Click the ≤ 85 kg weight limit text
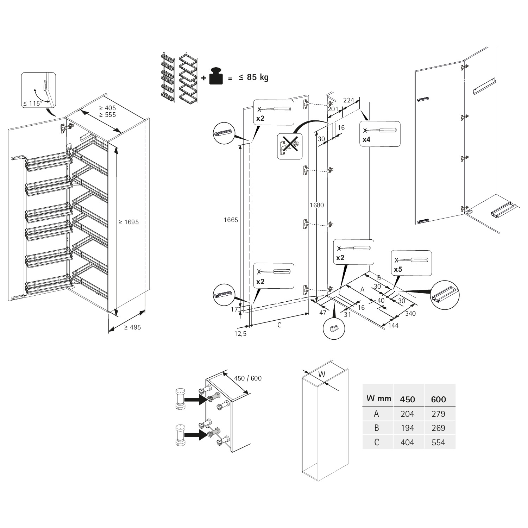click(x=253, y=77)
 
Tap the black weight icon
click(x=216, y=76)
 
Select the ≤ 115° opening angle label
click(x=32, y=103)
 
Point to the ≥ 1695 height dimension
click(x=128, y=222)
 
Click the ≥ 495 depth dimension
click(x=132, y=327)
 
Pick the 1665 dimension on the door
click(x=231, y=220)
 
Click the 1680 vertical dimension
click(x=317, y=205)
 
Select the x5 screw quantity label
click(x=398, y=270)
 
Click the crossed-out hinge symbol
click(x=290, y=146)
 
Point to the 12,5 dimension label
click(x=240, y=334)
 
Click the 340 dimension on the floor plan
click(x=410, y=313)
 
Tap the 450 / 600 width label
click(x=248, y=378)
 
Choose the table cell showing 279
click(x=438, y=414)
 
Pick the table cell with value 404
click(x=407, y=442)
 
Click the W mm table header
click(x=379, y=398)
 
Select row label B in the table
click(x=377, y=428)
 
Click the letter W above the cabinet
click(x=322, y=375)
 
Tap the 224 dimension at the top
click(x=348, y=100)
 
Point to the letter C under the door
click(x=279, y=325)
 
